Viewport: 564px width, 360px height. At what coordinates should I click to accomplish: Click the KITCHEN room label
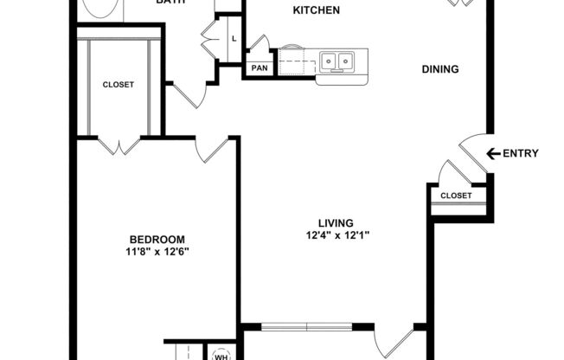[316, 11]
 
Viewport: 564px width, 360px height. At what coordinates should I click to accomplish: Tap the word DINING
[439, 70]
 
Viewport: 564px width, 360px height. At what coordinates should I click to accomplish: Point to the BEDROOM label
[157, 240]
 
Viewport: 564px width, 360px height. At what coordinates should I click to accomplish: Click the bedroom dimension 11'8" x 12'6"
[157, 252]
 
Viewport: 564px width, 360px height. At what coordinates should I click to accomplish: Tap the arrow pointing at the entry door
[493, 154]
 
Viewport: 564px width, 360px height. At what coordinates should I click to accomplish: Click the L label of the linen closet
[234, 39]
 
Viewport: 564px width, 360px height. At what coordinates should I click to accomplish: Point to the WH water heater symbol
[220, 355]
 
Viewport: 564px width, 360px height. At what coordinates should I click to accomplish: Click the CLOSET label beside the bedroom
[119, 85]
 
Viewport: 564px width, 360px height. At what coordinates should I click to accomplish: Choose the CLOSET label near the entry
[456, 196]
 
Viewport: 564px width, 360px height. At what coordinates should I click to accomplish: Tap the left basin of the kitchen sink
[329, 61]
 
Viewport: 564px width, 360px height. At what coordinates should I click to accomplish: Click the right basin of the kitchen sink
[345, 61]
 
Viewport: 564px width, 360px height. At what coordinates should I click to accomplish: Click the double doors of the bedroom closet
[119, 145]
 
